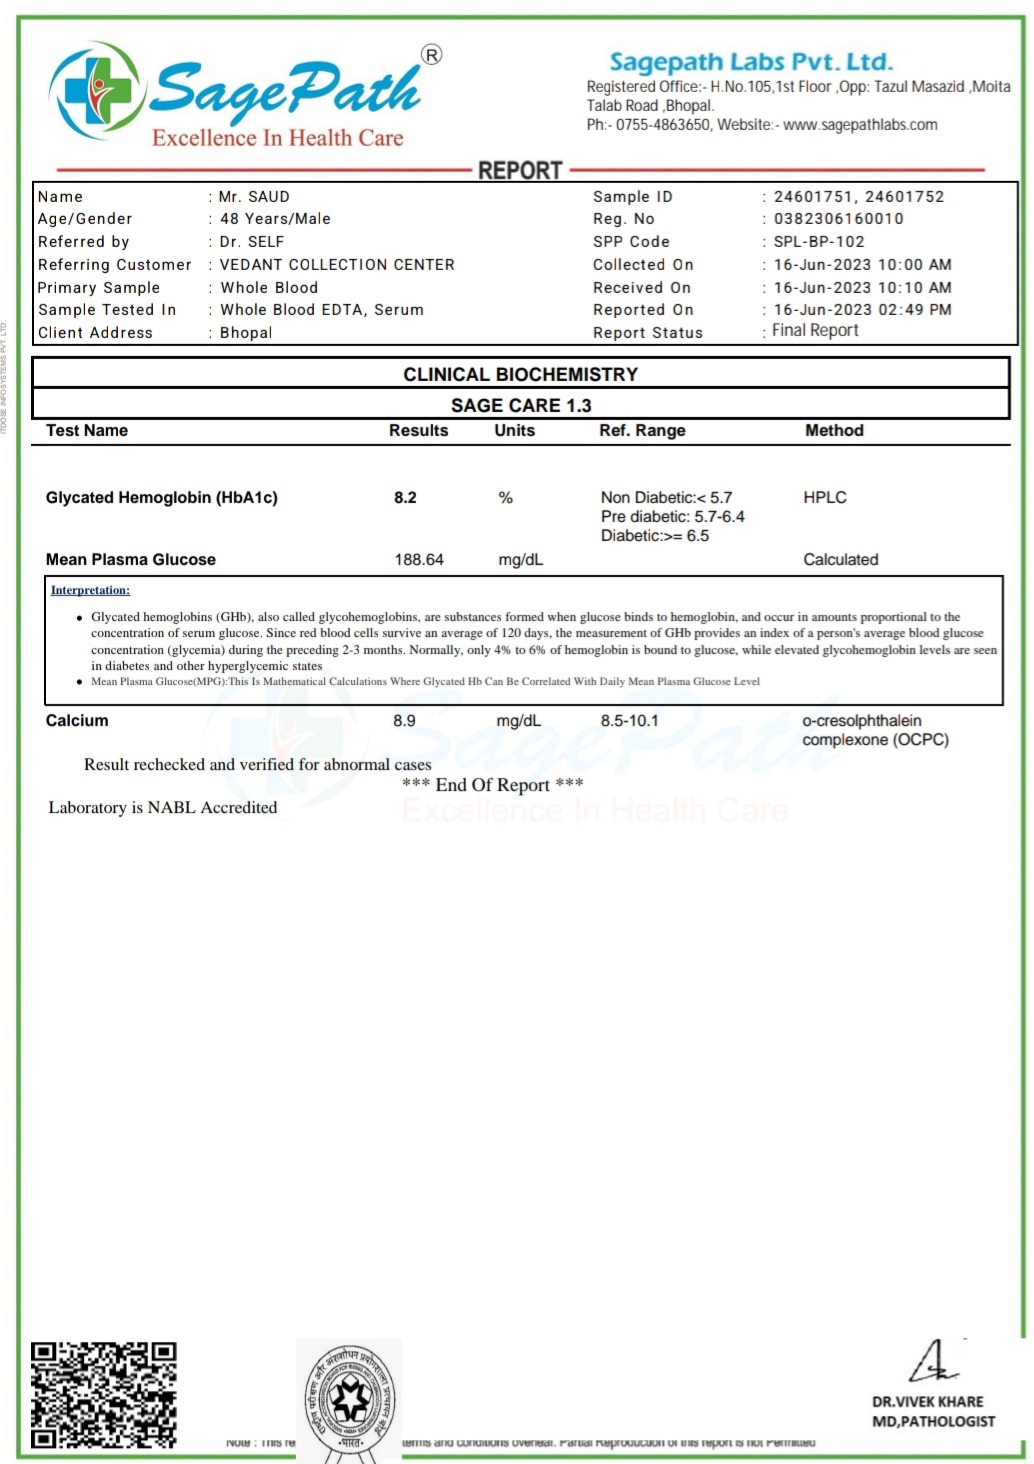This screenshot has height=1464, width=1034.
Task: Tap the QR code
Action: [103, 1395]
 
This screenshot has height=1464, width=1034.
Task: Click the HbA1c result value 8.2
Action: [405, 498]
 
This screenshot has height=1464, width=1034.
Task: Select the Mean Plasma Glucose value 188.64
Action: [419, 560]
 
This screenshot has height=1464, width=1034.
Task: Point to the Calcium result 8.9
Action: [404, 721]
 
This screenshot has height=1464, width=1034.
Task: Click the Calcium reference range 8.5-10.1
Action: [629, 721]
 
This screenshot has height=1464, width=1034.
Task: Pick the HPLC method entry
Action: [825, 498]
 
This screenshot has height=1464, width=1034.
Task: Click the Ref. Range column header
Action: [642, 431]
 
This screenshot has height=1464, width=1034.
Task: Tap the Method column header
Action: [834, 431]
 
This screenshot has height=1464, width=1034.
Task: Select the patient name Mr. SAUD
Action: [254, 197]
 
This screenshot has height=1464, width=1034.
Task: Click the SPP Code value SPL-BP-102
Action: [819, 242]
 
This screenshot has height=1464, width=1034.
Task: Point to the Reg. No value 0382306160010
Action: [838, 219]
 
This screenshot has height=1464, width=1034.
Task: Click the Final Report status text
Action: [815, 331]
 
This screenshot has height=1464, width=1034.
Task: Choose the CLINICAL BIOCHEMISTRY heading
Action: [520, 375]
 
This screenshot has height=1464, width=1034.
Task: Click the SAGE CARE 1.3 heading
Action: [521, 405]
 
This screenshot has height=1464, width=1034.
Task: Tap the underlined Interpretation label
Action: [90, 591]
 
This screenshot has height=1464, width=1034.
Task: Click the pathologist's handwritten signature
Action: [933, 1362]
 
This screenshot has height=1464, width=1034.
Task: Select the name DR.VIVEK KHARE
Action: [927, 1402]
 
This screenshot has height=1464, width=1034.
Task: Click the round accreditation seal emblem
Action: [350, 1399]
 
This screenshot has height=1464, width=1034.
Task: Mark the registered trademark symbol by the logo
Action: [431, 55]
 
